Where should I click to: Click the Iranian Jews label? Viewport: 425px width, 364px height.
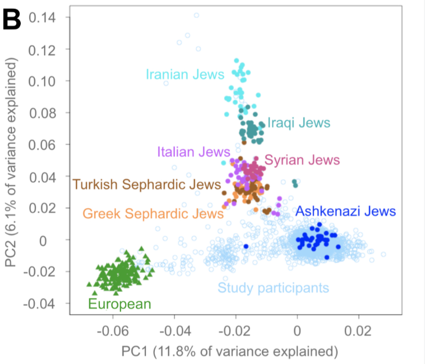click(x=185, y=74)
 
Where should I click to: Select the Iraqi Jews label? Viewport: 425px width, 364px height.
click(x=298, y=123)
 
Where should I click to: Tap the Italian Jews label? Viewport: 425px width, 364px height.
click(x=193, y=151)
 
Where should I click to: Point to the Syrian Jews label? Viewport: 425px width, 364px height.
click(x=302, y=160)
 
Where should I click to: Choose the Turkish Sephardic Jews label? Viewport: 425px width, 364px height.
click(x=146, y=185)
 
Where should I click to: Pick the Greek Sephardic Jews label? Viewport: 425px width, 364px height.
click(x=153, y=214)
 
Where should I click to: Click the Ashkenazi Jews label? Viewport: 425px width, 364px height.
click(x=346, y=211)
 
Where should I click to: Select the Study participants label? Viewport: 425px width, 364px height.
click(x=273, y=287)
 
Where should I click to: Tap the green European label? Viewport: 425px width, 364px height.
click(x=119, y=304)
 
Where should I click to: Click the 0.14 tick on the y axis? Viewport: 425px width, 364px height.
click(x=42, y=18)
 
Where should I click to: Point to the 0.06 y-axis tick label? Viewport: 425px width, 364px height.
click(x=42, y=145)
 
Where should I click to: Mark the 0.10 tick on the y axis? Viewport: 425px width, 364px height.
click(x=42, y=81)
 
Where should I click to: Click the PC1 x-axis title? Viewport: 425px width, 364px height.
click(x=230, y=352)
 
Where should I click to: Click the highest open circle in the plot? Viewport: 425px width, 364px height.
click(x=196, y=15)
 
